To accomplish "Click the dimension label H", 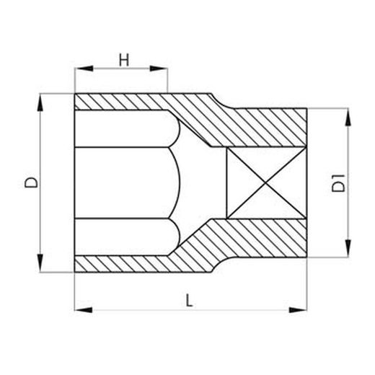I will pyautogui.click(x=123, y=60).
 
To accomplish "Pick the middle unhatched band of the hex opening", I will pyautogui.click(x=123, y=183).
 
